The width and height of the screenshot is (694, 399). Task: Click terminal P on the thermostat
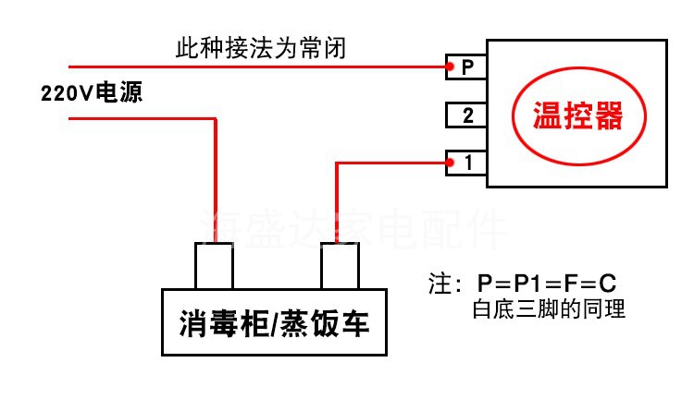(467, 67)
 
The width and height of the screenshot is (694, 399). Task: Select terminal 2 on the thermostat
(467, 115)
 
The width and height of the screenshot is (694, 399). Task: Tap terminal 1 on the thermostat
(468, 163)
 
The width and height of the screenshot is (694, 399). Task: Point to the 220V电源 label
(92, 93)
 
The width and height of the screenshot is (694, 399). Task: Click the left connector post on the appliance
(215, 267)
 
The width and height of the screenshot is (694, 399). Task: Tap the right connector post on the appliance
(340, 267)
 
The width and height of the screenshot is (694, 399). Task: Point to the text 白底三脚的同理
(549, 309)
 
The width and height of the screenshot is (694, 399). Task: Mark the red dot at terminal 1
(448, 163)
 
